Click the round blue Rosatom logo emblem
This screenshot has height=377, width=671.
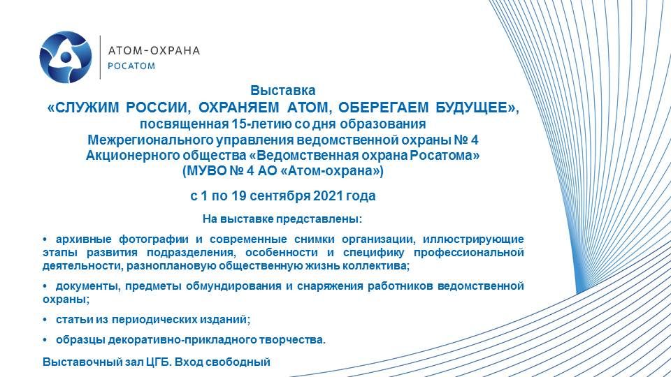coord(66,57)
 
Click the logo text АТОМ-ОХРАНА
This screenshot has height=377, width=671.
coord(154,50)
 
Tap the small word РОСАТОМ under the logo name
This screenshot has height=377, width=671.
coord(131,66)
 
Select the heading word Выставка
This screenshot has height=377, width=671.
coord(283,91)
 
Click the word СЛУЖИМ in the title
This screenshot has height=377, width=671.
coord(87,108)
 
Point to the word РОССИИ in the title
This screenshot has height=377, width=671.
coord(157,108)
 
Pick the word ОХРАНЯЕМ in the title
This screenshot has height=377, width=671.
coord(239,108)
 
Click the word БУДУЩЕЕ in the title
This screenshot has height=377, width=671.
coord(470,108)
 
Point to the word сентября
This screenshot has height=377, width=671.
coord(280,196)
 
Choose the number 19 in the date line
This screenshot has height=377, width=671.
coord(239,195)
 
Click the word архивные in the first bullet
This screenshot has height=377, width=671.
coord(83,239)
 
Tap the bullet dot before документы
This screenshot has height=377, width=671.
coord(45,286)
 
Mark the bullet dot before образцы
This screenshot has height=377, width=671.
coord(45,340)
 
